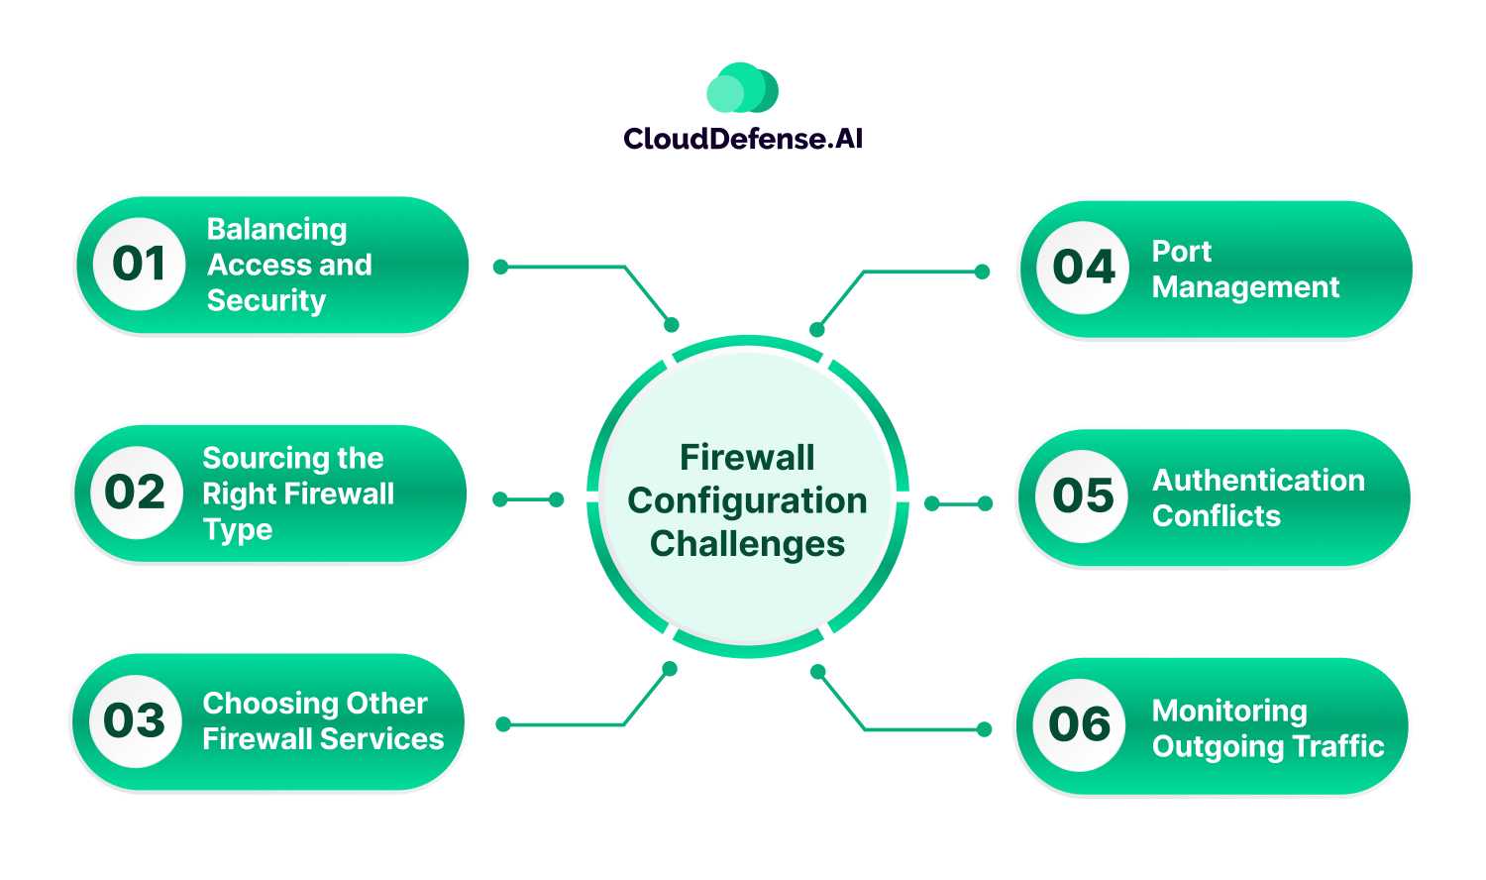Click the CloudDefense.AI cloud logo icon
click(742, 89)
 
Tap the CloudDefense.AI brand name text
click(743, 139)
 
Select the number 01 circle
click(139, 264)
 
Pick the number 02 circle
click(136, 493)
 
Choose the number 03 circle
click(135, 720)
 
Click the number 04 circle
click(1084, 268)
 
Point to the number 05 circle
click(1083, 495)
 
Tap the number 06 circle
click(1080, 724)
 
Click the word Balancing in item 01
click(276, 230)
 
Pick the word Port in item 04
click(1181, 252)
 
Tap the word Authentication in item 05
click(1258, 481)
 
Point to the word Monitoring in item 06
click(1228, 711)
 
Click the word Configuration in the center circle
click(747, 501)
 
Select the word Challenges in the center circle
click(747, 544)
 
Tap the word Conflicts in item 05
click(1216, 516)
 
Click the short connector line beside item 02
click(528, 499)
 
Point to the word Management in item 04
click(1245, 287)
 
